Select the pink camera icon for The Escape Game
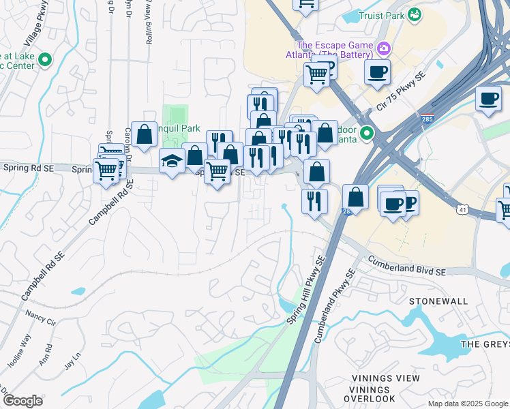click(384, 48)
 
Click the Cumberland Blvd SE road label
click(407, 265)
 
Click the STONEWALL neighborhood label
click(438, 301)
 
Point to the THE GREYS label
click(485, 344)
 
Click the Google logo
click(22, 400)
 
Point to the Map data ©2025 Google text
click(467, 404)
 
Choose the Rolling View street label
click(149, 22)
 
